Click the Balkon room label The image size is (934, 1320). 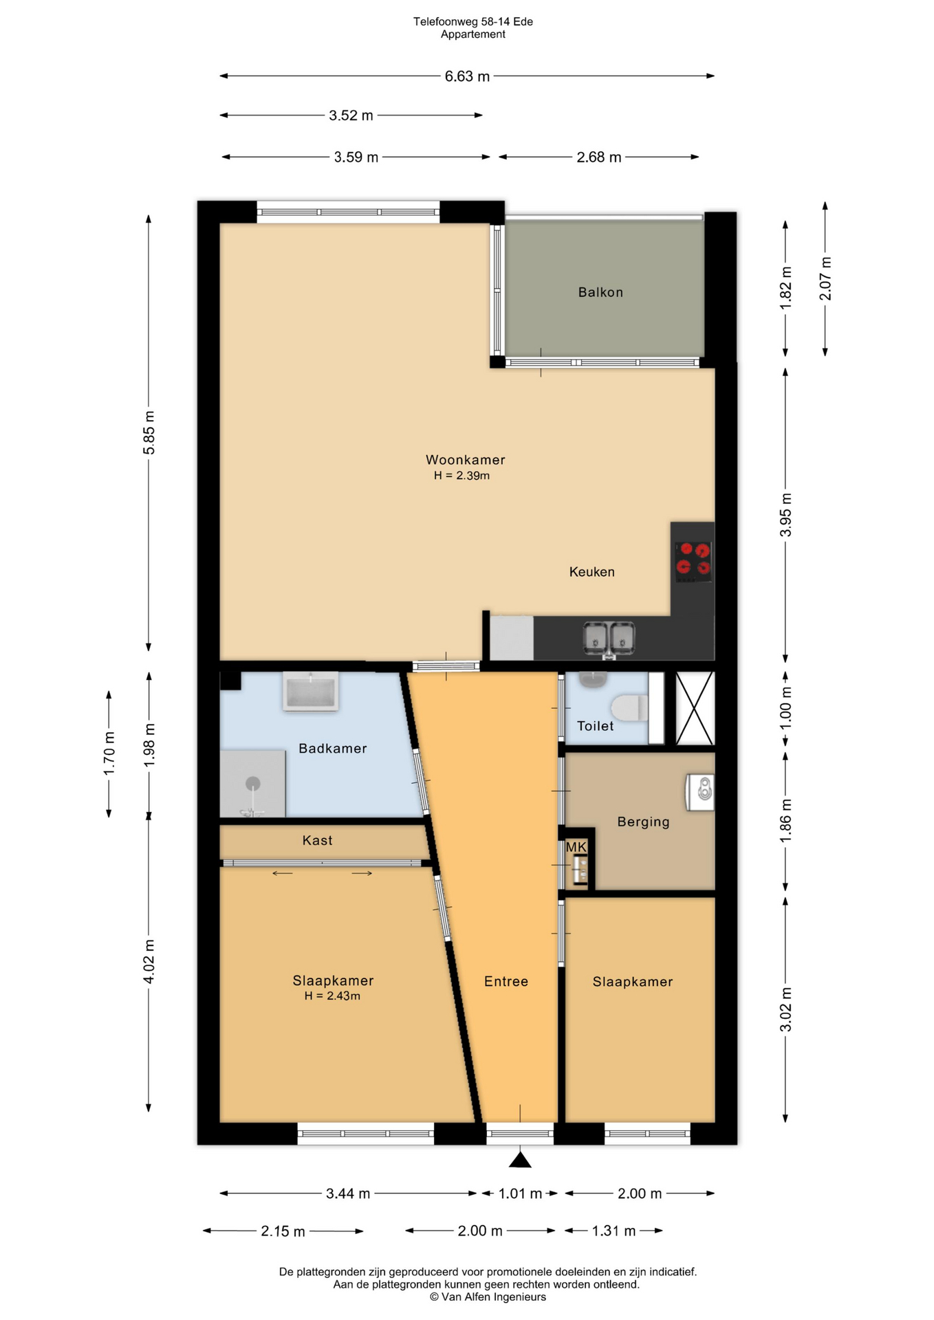[x=600, y=292]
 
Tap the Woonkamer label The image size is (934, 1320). [x=465, y=460]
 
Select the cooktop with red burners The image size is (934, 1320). [x=693, y=560]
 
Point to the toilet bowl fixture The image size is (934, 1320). [x=629, y=707]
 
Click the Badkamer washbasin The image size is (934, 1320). [x=311, y=691]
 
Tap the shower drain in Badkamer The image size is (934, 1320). [x=253, y=783]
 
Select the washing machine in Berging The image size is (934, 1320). [x=700, y=792]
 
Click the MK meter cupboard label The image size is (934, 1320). [x=576, y=847]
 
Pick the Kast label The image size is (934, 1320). [x=317, y=840]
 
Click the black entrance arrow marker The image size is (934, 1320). [x=521, y=1160]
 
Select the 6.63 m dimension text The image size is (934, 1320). [x=467, y=76]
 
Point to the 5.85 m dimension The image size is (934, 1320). [x=149, y=432]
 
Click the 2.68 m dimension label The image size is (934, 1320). [x=599, y=157]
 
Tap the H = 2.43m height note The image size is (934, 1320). [x=332, y=995]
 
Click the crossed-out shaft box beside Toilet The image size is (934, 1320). [x=695, y=708]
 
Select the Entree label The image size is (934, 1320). [x=506, y=982]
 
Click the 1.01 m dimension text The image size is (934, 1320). [x=521, y=1193]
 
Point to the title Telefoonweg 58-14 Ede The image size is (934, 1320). [x=473, y=22]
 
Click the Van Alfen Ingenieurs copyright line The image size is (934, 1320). [x=488, y=1297]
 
